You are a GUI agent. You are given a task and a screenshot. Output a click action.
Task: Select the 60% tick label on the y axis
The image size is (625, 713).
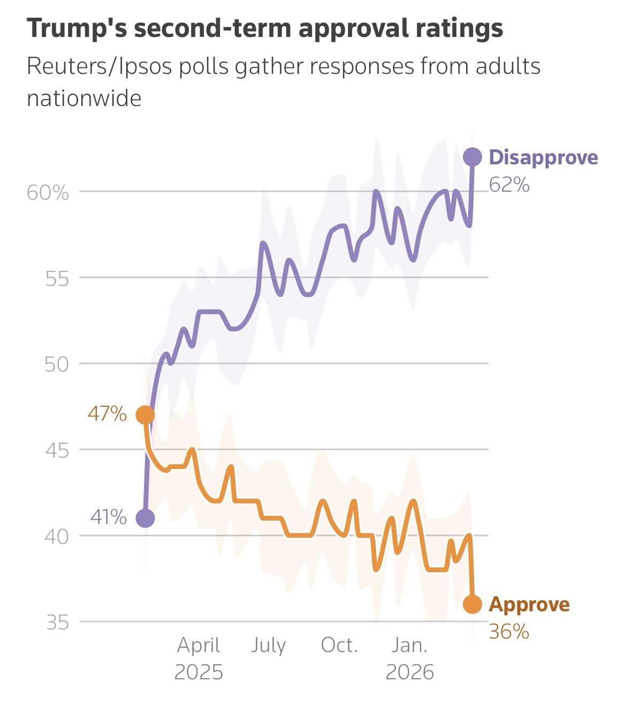coord(48,192)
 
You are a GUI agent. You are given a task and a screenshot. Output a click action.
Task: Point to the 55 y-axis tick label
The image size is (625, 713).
coord(57,278)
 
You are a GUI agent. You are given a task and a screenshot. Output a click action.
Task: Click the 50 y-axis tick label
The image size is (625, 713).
coord(57,365)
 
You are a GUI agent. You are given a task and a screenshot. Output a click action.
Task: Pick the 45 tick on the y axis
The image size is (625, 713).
coord(57,451)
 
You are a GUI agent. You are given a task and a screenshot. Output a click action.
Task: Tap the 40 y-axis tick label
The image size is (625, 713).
coord(57,536)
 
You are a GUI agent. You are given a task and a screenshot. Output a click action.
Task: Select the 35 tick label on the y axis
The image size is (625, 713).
coord(57,623)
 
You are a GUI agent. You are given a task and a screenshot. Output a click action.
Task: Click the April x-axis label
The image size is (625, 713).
coord(199,646)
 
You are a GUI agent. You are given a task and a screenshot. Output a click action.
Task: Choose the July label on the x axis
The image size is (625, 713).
coord(268,646)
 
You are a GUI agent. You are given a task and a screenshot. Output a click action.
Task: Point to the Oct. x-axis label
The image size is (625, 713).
coord(339,646)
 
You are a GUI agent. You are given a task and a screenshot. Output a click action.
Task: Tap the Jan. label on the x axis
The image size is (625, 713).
coord(409,646)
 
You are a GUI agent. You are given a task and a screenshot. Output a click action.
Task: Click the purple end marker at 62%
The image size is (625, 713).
coord(472,157)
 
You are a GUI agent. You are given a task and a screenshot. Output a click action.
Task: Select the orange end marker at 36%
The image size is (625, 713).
coord(472,604)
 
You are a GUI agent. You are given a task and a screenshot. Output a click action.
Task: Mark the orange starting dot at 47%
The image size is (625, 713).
coord(145,414)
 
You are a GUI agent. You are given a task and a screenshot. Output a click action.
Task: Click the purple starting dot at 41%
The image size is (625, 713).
coord(145,518)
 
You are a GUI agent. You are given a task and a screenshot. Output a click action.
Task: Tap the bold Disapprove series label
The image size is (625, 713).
coord(543,157)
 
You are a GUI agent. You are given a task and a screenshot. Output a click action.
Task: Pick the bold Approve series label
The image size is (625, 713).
coord(529,604)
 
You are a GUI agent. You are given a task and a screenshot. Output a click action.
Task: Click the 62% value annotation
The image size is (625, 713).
coord(509,185)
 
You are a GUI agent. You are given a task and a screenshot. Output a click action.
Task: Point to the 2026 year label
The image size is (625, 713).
coord(409,672)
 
